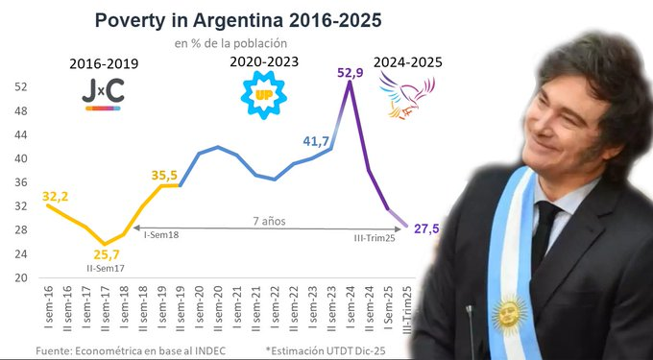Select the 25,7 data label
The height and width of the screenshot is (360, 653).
107,254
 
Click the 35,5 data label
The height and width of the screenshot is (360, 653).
165,175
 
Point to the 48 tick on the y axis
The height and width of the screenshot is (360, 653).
19,110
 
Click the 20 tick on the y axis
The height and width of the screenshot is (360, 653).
19,278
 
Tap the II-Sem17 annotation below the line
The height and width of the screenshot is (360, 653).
107,269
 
